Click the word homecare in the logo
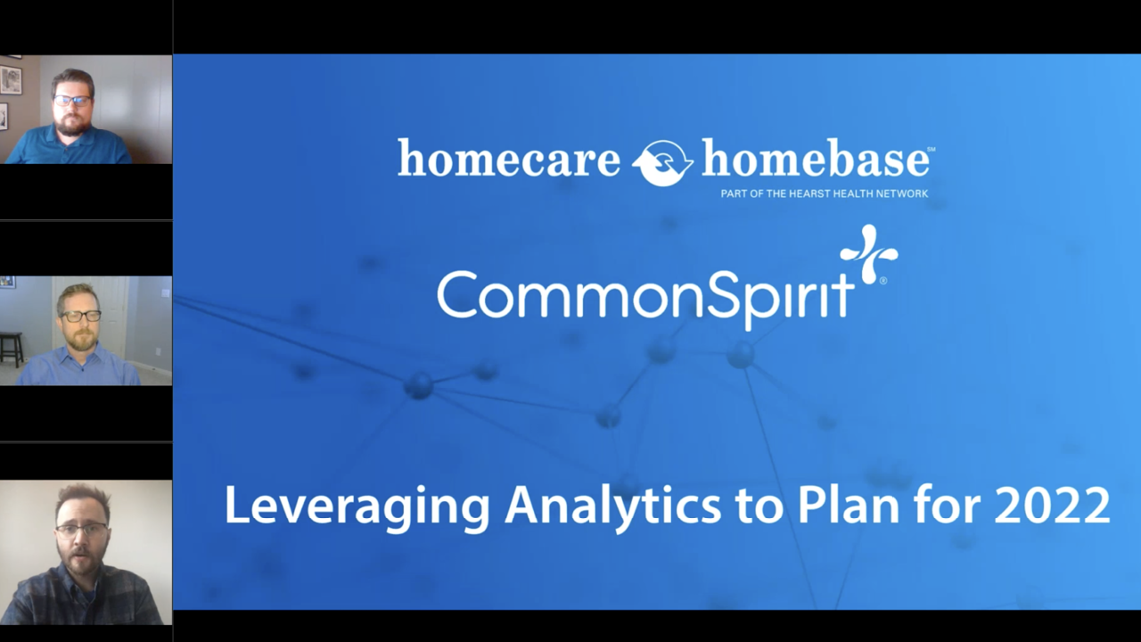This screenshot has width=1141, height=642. point(508,160)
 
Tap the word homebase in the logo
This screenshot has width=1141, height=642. point(816,160)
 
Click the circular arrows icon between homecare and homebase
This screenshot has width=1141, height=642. point(662,162)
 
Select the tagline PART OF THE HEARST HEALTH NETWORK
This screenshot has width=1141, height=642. point(824,193)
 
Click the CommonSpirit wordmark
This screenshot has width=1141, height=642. point(644,295)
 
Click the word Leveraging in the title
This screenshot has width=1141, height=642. point(357,505)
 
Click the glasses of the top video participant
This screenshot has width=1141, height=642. point(71,100)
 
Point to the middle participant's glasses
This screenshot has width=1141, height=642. point(80,316)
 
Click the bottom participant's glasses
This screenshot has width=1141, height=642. point(81,529)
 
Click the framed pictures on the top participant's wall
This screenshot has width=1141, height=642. point(11,80)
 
